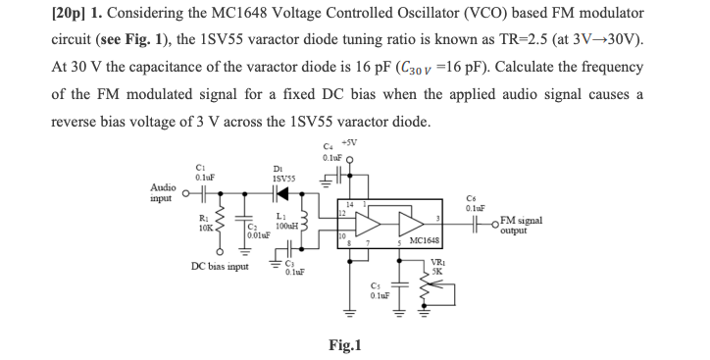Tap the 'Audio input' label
pos(163,192)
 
